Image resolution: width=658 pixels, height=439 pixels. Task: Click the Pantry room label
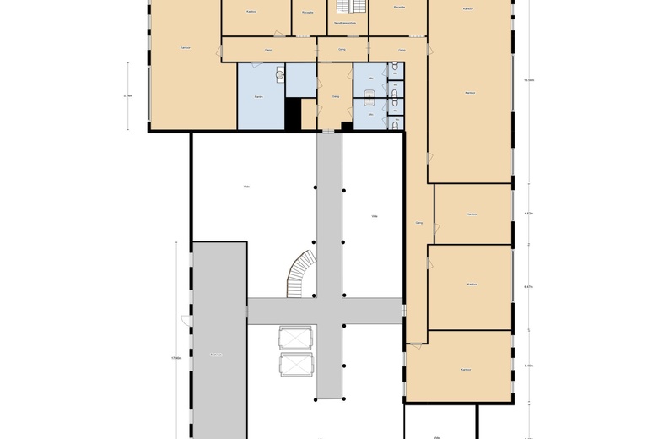pos(255,98)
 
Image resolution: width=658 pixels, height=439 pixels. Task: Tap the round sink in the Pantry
pos(279,74)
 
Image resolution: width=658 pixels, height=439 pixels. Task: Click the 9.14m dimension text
pos(127,96)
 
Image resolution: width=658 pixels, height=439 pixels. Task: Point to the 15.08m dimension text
pos(529,80)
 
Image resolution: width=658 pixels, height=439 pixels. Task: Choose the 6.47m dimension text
pos(529,287)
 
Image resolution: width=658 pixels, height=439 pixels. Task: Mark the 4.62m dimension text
pos(529,214)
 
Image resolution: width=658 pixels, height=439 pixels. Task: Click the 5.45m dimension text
pos(529,366)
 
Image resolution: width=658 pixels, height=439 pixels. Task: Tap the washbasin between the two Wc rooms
pos(369,91)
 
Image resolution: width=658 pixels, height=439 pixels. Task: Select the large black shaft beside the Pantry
pos(293,114)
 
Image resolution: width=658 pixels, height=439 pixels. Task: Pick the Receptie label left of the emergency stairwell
pos(308,13)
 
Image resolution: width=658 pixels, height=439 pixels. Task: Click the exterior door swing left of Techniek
pos(185,318)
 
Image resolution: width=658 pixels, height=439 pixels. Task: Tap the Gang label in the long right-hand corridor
pos(418,223)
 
